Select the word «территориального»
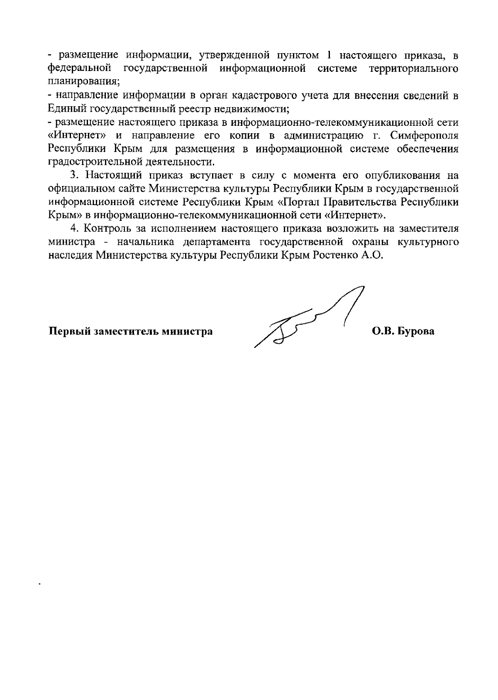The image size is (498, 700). tap(413, 68)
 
